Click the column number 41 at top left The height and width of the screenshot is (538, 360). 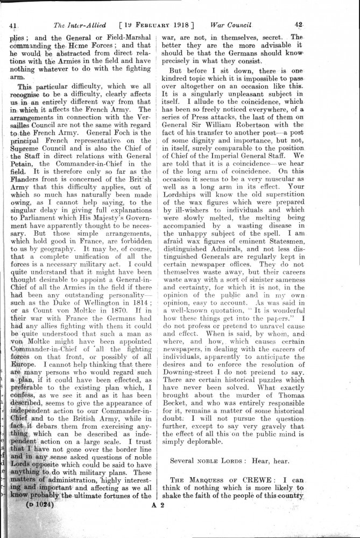tap(15, 25)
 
